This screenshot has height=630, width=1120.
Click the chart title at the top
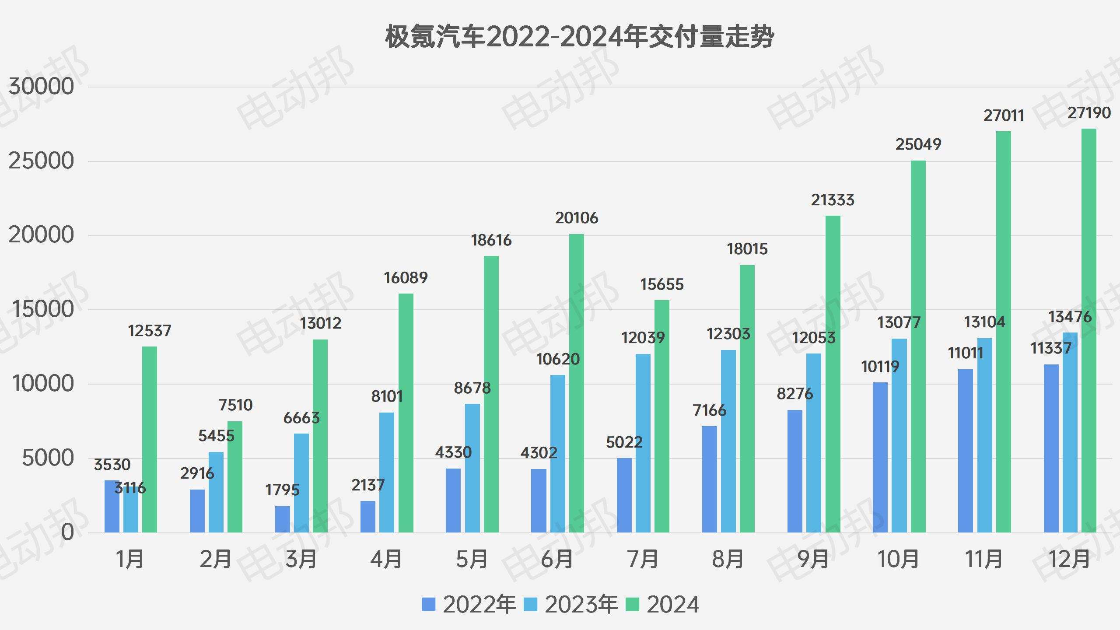tap(579, 37)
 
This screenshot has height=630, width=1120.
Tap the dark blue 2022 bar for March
tap(283, 519)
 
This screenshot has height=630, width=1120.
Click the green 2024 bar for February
tap(235, 477)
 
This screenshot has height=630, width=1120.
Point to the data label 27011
tap(1004, 116)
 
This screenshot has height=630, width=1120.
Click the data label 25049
tap(918, 144)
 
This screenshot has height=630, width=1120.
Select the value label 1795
tap(283, 490)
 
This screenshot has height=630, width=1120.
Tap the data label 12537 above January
tap(150, 331)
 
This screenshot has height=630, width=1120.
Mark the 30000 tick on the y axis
tap(41, 87)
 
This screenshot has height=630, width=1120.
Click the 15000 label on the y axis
tap(41, 310)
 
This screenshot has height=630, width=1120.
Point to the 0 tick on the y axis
tap(67, 532)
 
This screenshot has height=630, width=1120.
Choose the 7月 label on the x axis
tap(643, 559)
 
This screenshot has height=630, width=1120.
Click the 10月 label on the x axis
tap(899, 559)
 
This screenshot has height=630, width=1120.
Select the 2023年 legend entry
tap(571, 605)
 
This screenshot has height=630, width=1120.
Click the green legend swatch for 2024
tap(632, 605)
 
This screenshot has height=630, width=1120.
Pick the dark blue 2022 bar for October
tap(880, 457)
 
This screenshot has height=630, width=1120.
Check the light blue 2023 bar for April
tap(387, 472)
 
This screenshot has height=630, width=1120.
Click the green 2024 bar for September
tap(833, 374)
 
